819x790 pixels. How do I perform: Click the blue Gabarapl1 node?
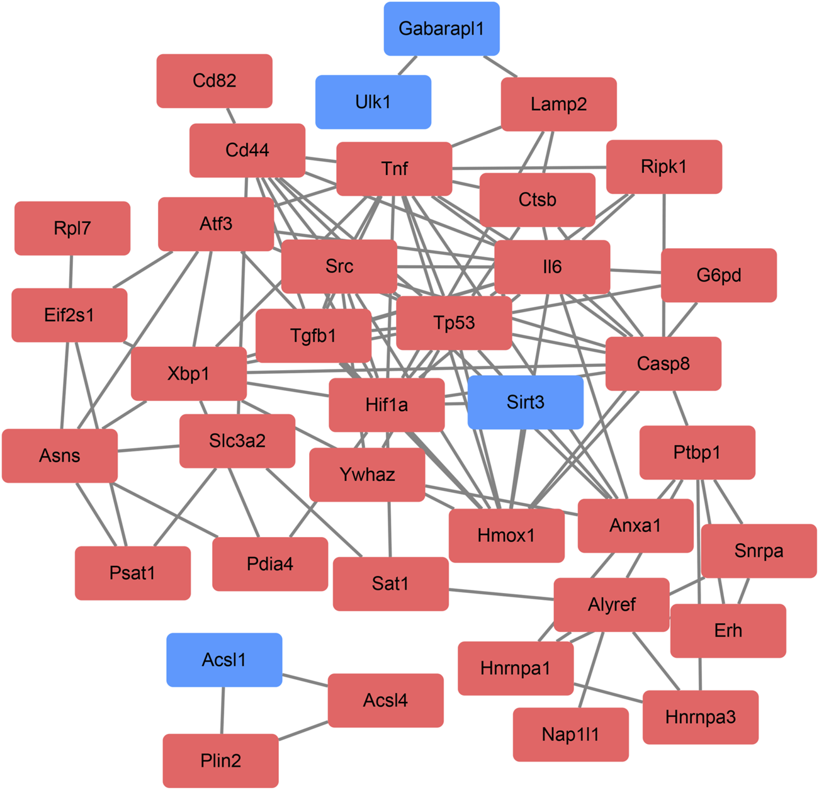[441, 29]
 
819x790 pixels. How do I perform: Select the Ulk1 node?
[373, 102]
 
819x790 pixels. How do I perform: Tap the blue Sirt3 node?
[525, 402]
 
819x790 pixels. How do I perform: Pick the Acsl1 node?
[224, 660]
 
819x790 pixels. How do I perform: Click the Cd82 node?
[214, 81]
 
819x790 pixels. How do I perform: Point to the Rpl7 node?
[72, 229]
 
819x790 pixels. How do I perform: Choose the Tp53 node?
[454, 323]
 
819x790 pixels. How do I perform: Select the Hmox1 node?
[506, 536]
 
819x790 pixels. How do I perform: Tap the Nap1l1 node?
[570, 735]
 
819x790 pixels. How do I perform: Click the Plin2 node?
[220, 760]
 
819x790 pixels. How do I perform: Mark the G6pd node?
[718, 275]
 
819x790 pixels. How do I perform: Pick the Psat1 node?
[132, 573]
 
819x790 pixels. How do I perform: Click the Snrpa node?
[759, 551]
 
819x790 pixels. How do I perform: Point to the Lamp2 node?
[558, 104]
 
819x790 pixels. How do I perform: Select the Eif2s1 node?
[69, 315]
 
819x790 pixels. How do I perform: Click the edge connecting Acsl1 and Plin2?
[222, 710]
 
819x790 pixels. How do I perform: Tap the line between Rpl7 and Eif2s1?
[71, 272]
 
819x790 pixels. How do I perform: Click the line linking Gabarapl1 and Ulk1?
[407, 65]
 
